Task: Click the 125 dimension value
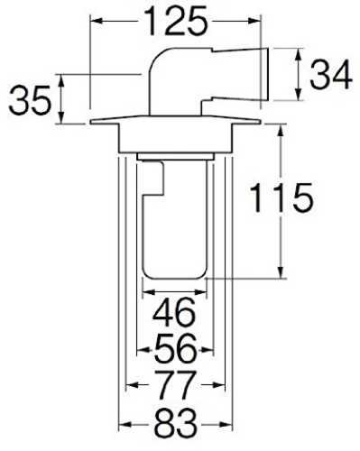point(176,21)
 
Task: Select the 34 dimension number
point(330,74)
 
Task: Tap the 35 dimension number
point(30,100)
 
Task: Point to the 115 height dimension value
point(282,198)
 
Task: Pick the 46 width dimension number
point(174,313)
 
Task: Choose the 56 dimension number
point(176,348)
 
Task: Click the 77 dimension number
point(175,385)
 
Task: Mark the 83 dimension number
point(175,423)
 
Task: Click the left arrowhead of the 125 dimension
point(96,21)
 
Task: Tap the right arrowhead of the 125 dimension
point(255,21)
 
